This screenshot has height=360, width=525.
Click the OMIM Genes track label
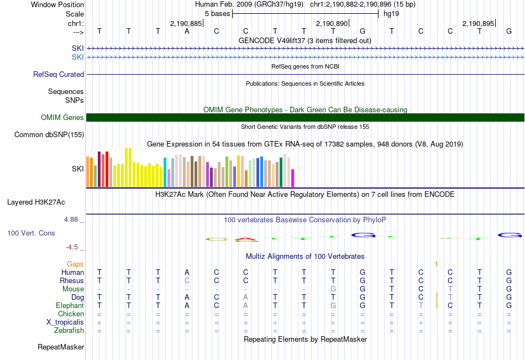(62, 117)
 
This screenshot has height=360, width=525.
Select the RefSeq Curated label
(59, 75)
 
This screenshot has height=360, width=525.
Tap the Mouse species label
(73, 289)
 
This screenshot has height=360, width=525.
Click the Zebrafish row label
(69, 331)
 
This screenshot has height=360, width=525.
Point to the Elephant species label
(70, 306)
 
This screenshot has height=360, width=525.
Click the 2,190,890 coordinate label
(332, 23)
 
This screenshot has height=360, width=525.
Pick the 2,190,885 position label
(186, 23)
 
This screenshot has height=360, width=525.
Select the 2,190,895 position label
(478, 23)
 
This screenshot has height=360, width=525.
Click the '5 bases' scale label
(218, 14)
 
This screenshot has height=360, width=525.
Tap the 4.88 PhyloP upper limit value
(71, 220)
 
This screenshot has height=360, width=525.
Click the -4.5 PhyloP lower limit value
(72, 247)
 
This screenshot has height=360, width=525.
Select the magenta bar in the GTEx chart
(293, 178)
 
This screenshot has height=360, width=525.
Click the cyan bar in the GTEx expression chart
(165, 172)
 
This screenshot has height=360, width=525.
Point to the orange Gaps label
(75, 264)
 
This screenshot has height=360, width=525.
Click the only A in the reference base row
(187, 32)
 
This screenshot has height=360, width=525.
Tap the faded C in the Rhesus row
(187, 280)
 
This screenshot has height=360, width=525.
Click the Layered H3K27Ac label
(36, 202)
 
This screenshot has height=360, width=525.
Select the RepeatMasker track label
(61, 347)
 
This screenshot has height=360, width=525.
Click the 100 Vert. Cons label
(31, 233)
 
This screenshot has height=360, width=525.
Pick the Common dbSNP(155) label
(49, 135)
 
